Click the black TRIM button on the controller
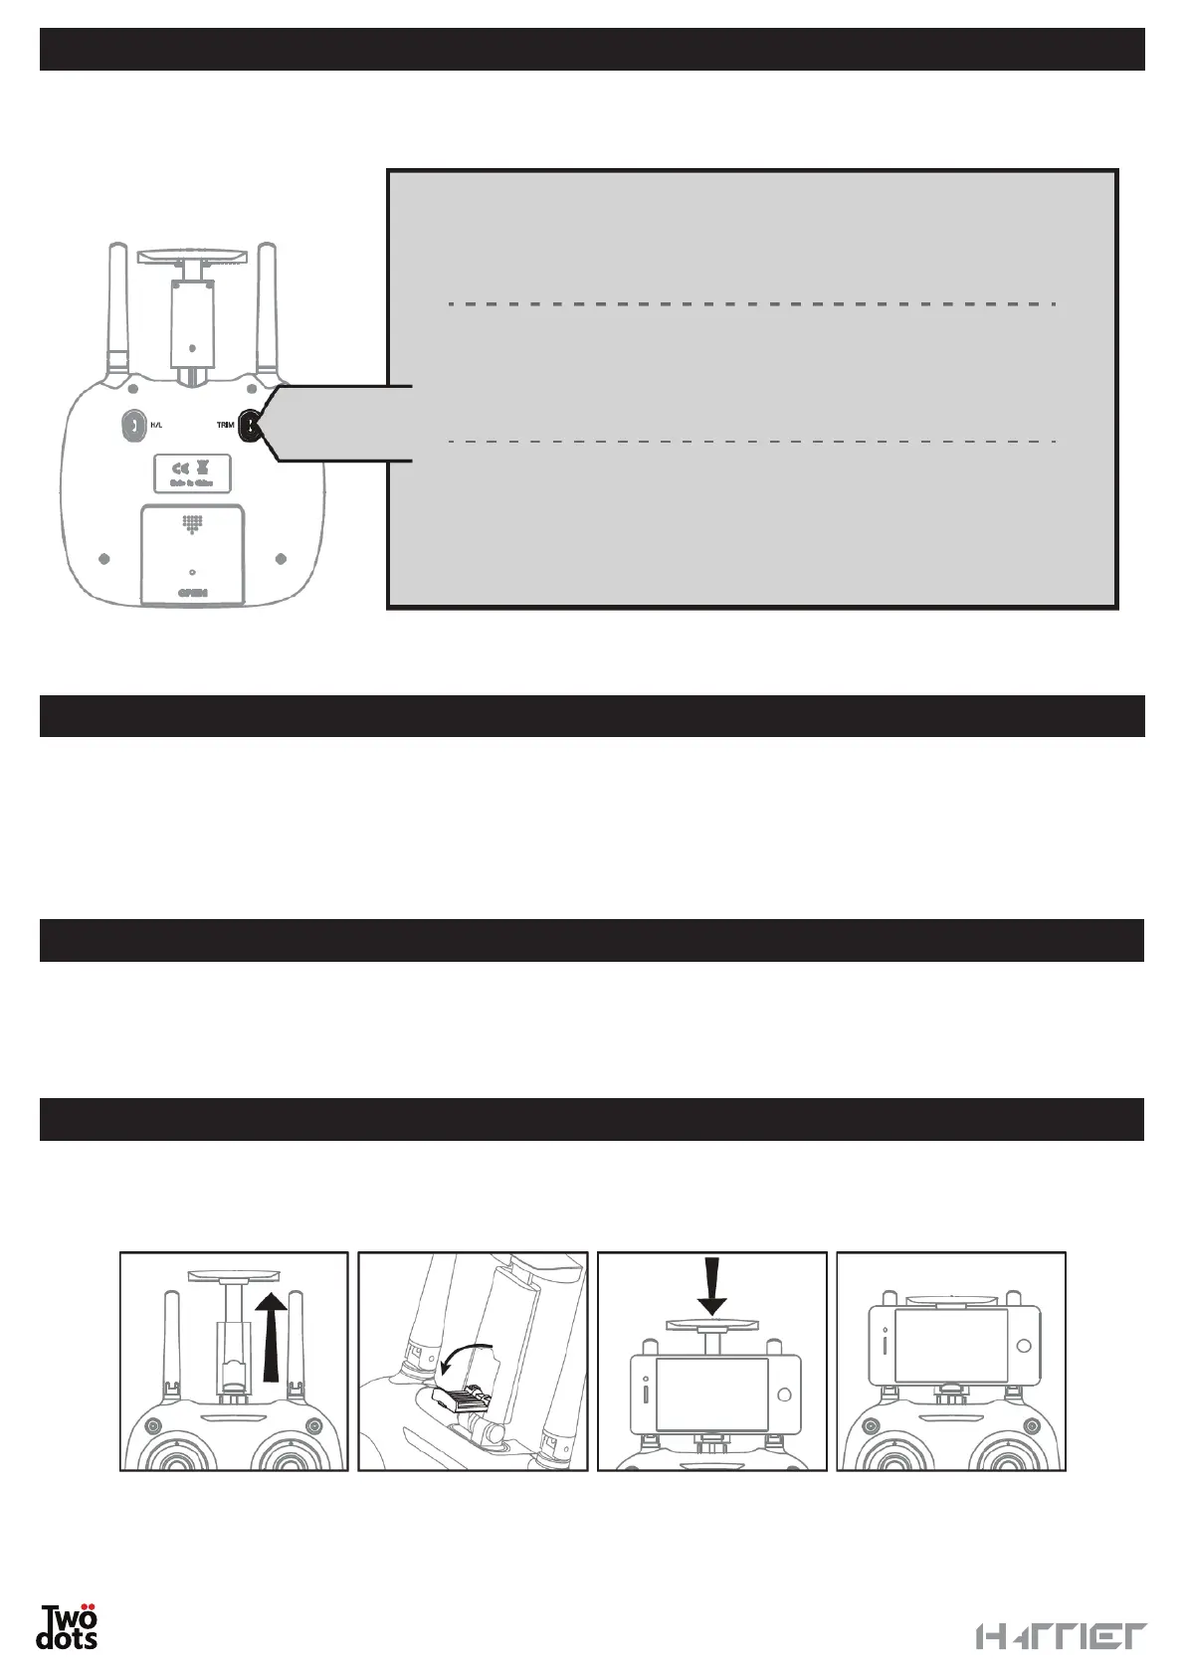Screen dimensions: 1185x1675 point(250,427)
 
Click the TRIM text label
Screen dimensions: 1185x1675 point(226,425)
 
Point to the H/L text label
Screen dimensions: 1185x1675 point(156,425)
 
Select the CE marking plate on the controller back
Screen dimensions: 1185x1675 point(193,473)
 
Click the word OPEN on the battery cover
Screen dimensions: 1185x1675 point(192,592)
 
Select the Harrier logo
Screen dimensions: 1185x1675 point(1061,1637)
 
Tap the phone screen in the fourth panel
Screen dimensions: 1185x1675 point(951,1345)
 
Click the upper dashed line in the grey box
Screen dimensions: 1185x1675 point(751,303)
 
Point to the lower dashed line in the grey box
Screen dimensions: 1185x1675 point(751,440)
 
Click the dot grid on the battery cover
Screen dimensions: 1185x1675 point(192,523)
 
